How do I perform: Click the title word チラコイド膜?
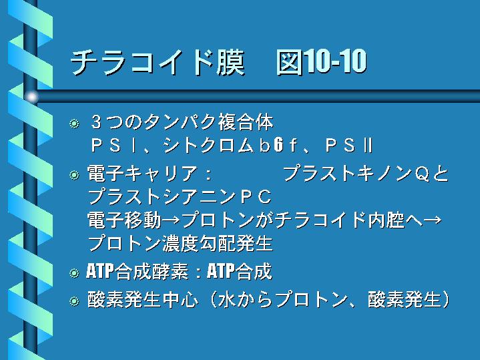click(x=158, y=62)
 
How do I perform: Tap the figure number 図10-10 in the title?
click(x=321, y=61)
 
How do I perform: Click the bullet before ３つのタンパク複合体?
click(x=74, y=124)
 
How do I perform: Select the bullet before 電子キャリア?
click(x=74, y=175)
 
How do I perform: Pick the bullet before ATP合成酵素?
click(x=74, y=273)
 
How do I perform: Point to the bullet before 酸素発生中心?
click(x=74, y=301)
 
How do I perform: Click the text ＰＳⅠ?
click(x=114, y=145)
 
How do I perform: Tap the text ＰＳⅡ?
click(x=349, y=145)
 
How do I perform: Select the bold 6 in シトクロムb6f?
click(x=278, y=145)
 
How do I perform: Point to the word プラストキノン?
click(x=348, y=174)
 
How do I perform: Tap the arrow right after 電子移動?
click(x=171, y=220)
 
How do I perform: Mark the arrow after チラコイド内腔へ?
click(x=433, y=220)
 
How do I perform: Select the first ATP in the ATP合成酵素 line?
click(x=100, y=271)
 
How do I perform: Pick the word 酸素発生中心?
click(x=143, y=299)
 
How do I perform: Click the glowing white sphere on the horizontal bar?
click(x=31, y=97)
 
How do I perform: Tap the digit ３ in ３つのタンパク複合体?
click(x=96, y=122)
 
